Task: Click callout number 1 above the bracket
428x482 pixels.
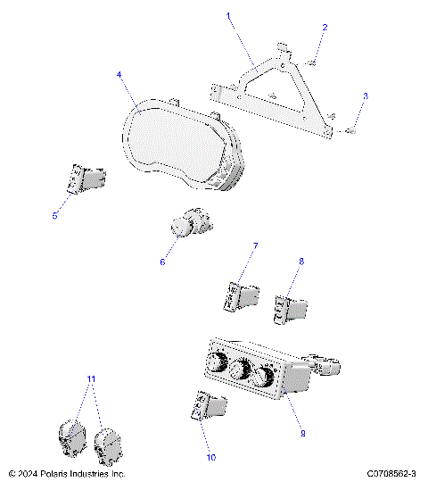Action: [x=228, y=16]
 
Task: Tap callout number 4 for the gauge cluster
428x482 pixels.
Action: [x=119, y=75]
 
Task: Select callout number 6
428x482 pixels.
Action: [x=161, y=262]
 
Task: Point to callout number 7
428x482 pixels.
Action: [x=255, y=245]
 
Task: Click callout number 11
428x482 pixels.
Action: [x=91, y=378]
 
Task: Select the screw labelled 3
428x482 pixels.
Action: [x=350, y=130]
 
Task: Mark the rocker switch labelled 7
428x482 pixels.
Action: [x=243, y=295]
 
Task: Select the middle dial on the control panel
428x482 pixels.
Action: [x=239, y=371]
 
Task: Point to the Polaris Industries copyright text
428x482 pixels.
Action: [x=67, y=473]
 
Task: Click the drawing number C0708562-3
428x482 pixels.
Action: [x=391, y=473]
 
